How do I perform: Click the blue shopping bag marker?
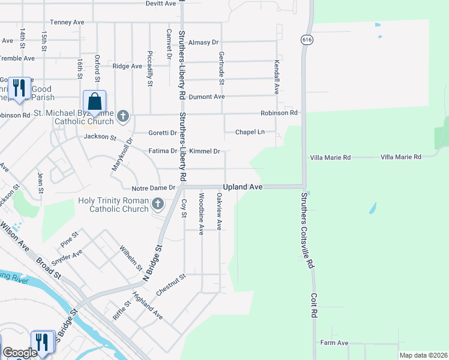(x=94, y=102)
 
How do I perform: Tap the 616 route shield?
(x=306, y=39)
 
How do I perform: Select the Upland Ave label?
(x=243, y=187)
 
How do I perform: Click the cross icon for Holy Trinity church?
(x=158, y=204)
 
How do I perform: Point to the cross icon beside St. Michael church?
(x=124, y=115)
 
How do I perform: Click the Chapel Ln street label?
(x=250, y=132)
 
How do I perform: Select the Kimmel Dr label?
(x=205, y=151)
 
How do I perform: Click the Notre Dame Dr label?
(x=154, y=188)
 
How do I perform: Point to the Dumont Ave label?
(x=206, y=97)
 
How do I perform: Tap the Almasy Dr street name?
(x=203, y=43)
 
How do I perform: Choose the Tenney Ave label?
(x=67, y=22)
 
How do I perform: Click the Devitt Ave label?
(x=161, y=4)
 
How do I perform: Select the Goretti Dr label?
(x=163, y=133)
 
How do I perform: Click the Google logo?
(x=20, y=353)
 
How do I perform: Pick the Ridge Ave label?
(x=127, y=66)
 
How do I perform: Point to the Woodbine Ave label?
(x=202, y=214)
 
